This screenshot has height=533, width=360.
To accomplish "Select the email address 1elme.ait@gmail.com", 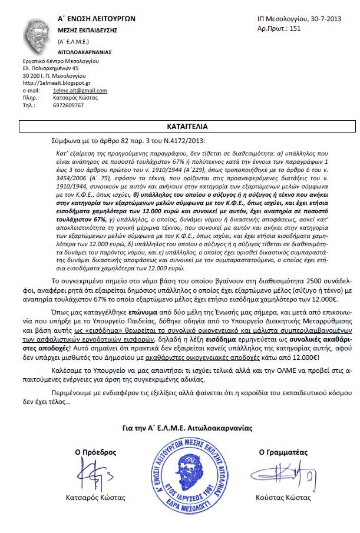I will coord(80,91).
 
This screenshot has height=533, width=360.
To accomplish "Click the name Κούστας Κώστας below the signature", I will coord(283,498).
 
